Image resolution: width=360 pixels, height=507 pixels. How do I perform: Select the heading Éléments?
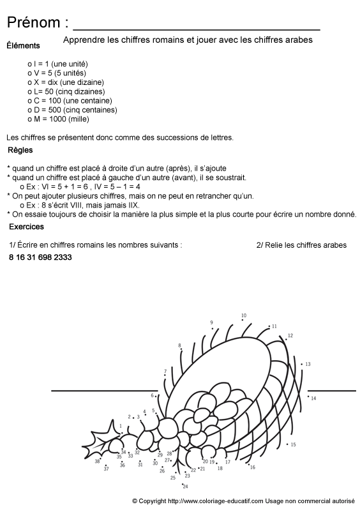click(23, 45)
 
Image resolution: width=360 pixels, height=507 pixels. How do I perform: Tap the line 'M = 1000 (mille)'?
click(61, 119)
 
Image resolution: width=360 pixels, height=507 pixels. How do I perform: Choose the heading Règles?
click(20, 151)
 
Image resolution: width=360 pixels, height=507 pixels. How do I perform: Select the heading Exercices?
click(26, 227)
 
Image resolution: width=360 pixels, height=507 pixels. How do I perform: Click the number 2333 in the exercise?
click(62, 257)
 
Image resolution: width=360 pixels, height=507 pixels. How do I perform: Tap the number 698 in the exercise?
click(40, 257)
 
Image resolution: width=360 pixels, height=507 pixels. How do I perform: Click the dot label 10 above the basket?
click(243, 315)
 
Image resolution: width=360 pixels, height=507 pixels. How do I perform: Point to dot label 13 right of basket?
click(307, 364)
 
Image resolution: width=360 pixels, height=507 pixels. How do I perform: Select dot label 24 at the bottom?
click(185, 487)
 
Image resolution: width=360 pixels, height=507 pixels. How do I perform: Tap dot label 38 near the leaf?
click(97, 460)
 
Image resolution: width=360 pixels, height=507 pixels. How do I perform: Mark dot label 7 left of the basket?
click(165, 370)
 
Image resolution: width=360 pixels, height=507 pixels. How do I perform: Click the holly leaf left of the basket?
click(109, 444)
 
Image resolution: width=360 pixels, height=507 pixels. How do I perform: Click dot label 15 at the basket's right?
click(293, 444)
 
